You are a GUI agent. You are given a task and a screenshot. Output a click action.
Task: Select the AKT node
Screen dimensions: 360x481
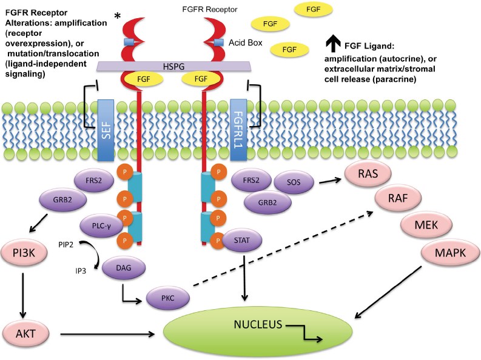coord(24,333)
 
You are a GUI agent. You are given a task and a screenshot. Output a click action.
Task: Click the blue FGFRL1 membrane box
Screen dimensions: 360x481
coord(239,128)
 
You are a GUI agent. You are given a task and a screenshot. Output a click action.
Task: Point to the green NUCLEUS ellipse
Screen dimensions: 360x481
coord(259,330)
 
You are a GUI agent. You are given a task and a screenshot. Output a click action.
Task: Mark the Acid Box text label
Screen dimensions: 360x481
coord(246,42)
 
